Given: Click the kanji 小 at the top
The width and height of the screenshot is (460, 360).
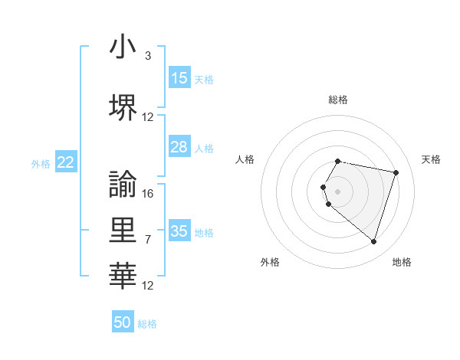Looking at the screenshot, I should tap(123, 47).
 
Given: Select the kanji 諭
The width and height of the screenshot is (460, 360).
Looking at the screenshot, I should tap(123, 184).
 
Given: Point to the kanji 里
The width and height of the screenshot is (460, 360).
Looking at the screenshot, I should tap(123, 231).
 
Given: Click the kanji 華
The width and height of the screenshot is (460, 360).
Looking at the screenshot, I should tap(123, 275).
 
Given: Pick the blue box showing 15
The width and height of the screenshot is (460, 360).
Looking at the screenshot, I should tap(179, 78).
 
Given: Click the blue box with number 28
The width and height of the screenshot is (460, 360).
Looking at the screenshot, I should tap(179, 147).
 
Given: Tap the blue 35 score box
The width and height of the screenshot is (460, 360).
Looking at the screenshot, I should tap(179, 231).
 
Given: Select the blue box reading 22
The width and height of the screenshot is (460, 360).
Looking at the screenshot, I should tap(66, 162).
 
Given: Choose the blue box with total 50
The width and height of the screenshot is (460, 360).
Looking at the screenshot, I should tap(123, 322).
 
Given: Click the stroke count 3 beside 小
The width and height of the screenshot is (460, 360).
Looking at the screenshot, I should tap(147, 56).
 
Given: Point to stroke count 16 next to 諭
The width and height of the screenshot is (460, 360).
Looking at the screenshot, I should tap(148, 193).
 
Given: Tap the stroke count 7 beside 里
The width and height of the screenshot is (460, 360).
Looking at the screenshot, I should tap(147, 240).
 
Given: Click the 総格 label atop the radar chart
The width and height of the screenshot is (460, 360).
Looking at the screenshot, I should tap(338, 100).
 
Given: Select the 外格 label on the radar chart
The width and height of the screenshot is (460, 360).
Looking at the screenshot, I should tap(270, 262).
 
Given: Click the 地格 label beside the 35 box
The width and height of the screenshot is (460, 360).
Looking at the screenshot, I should tap(204, 232).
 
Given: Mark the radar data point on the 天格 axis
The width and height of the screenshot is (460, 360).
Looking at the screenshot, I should tap(396, 172).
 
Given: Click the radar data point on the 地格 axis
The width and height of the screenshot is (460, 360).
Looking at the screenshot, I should tap(373, 242).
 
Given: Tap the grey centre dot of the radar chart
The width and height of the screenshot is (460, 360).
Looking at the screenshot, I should tap(338, 191).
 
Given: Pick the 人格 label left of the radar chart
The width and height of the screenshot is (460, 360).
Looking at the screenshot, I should tap(245, 159).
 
